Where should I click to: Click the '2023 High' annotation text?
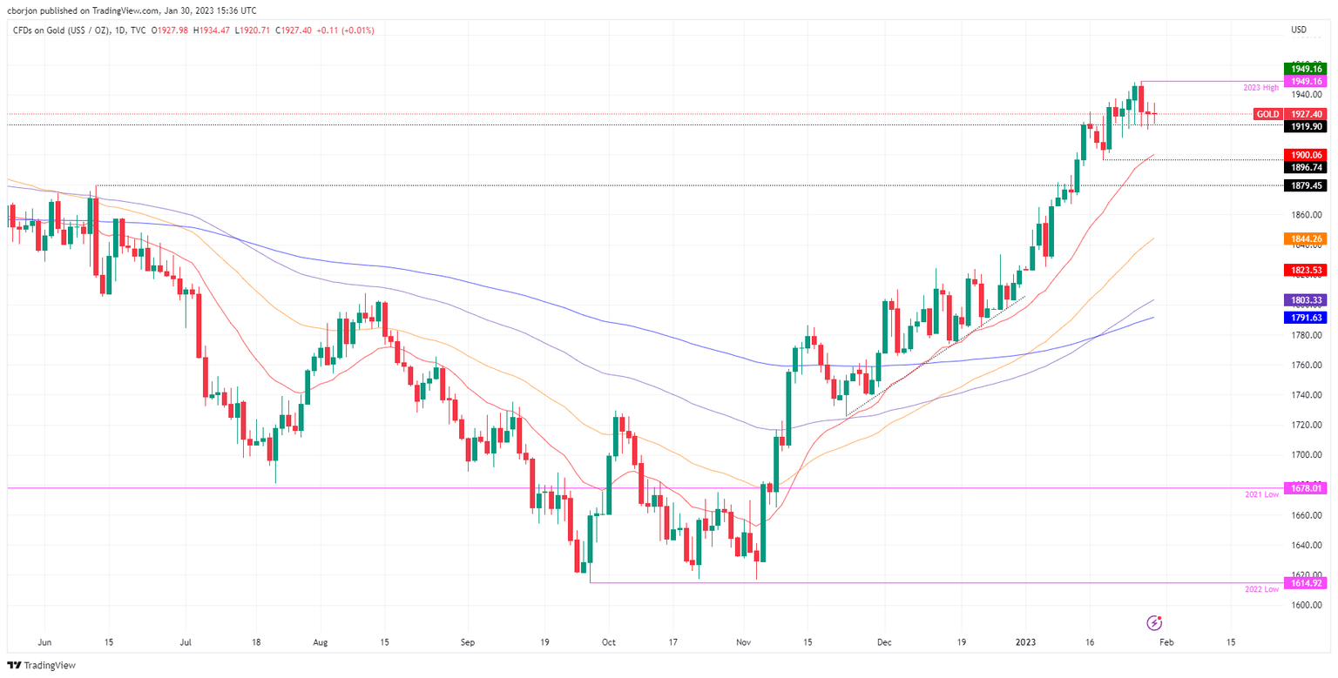coord(1260,88)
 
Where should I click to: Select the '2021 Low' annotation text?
coord(1262,494)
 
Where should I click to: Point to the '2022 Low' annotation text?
coord(1262,589)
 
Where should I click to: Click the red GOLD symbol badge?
coord(1267,114)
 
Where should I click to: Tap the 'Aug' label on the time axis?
coord(320,641)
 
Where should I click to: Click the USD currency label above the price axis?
coord(1299,30)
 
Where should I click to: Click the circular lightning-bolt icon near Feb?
coord(1154,622)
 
